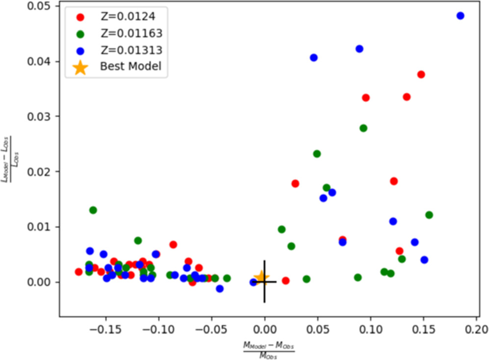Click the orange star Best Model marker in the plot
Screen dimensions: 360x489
(261, 278)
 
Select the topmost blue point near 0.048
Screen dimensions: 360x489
(460, 16)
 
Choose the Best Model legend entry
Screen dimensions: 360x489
(130, 66)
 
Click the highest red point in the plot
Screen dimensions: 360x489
(421, 75)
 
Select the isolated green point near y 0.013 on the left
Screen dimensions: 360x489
(93, 210)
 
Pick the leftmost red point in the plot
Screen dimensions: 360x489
(78, 272)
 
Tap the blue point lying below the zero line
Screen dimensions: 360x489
(220, 288)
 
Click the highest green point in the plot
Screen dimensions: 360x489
(363, 128)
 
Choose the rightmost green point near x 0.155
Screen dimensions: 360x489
(429, 215)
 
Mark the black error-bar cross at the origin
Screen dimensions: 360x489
(264, 282)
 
